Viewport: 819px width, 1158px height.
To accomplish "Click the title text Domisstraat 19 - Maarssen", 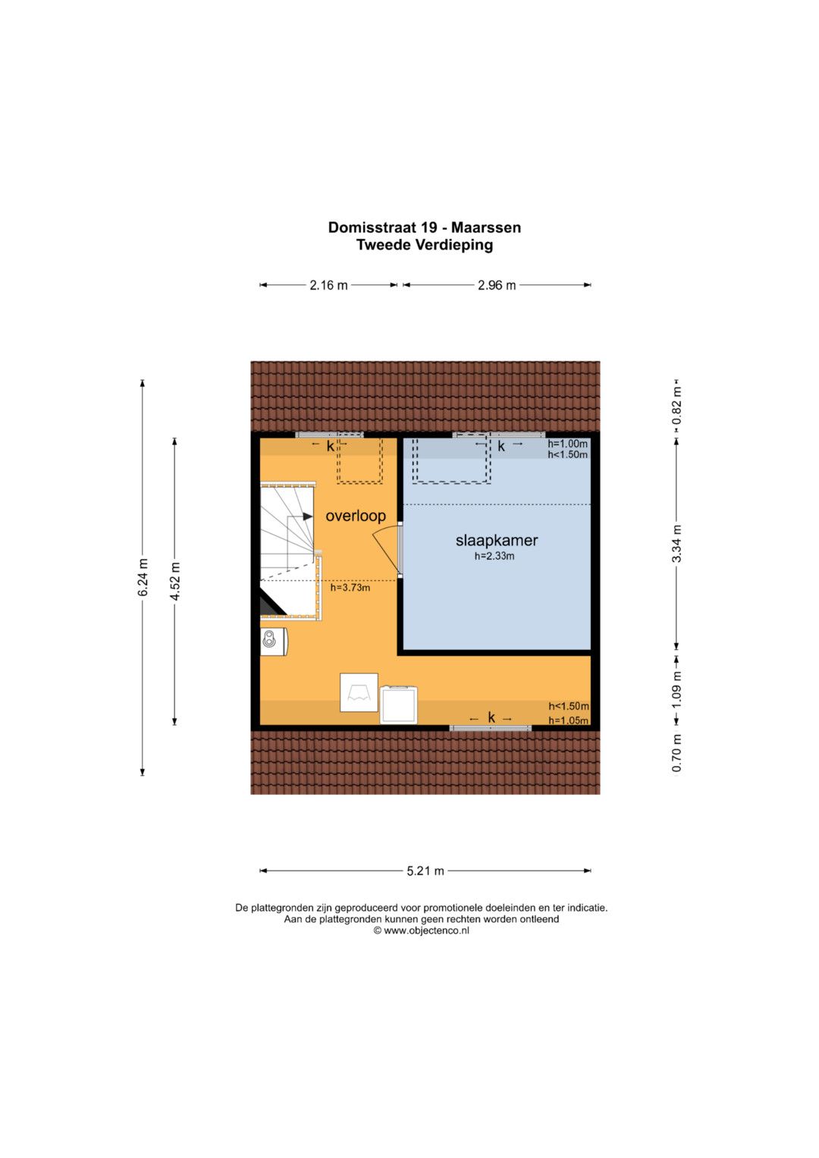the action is [x=425, y=228].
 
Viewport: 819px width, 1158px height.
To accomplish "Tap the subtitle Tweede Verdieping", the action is [x=425, y=244].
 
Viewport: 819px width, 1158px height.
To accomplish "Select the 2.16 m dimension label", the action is [x=328, y=285].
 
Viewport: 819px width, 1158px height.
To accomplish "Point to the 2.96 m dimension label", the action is [x=497, y=285].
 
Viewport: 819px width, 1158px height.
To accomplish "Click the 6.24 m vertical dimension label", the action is [x=143, y=577].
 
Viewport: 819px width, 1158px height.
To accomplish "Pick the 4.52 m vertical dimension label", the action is [x=174, y=581].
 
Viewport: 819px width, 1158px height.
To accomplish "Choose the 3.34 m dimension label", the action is [x=676, y=543].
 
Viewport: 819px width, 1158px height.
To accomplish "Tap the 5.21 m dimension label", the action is [x=425, y=871].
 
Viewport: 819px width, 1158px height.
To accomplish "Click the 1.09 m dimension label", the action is [x=676, y=689].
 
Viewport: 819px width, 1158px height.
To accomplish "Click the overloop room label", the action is [x=356, y=516].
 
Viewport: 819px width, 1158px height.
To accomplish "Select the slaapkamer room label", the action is [x=497, y=540].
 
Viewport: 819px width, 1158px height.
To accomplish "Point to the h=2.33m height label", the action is [x=494, y=557].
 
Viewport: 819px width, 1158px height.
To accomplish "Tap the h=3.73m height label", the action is [x=350, y=587].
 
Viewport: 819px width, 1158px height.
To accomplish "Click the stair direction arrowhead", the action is [x=308, y=516].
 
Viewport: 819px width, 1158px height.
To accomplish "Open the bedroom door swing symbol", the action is [x=387, y=549].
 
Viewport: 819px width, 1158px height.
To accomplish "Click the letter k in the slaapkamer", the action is [x=501, y=446].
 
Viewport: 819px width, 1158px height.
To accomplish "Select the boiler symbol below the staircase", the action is [x=274, y=642].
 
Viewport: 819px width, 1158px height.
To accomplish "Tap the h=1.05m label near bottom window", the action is [x=568, y=720].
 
